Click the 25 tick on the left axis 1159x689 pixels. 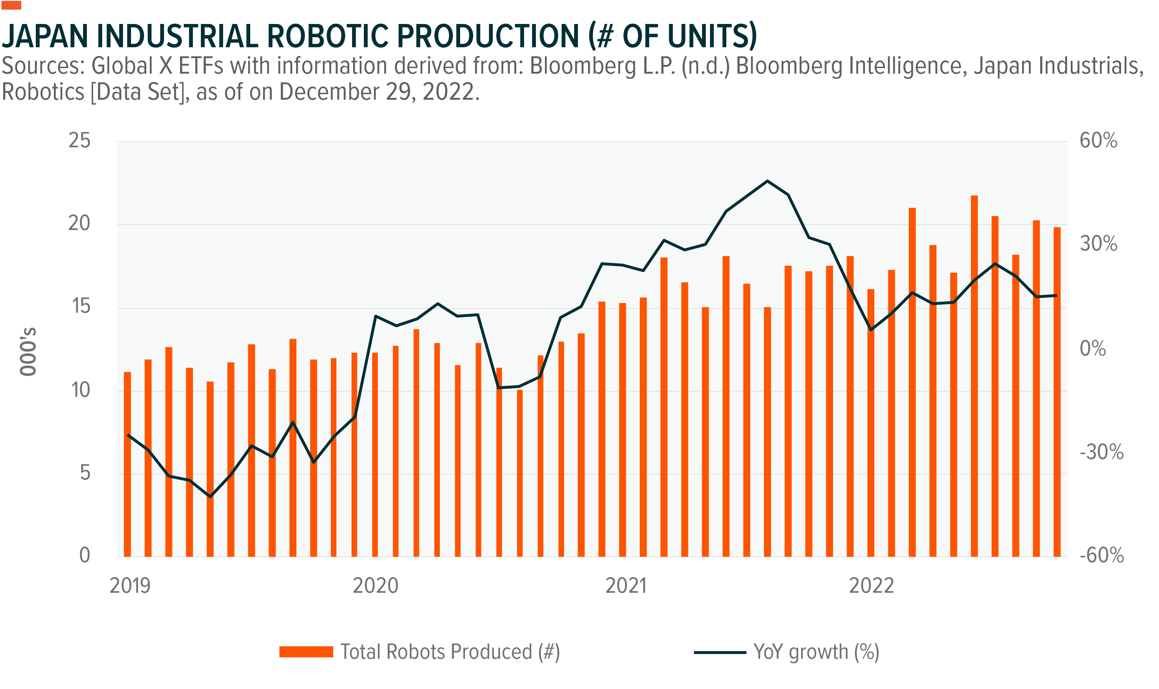coord(79,140)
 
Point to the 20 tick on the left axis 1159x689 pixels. coord(79,223)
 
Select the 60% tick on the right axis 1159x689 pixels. coord(1098,140)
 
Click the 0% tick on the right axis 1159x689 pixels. coord(1093,348)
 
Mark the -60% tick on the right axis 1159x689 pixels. coord(1101,555)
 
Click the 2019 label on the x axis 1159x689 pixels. coord(130,586)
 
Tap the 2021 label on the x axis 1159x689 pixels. coord(626,586)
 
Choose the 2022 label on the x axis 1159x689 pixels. coord(871,586)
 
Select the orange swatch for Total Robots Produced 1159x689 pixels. coord(306,652)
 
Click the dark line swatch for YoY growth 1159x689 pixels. coord(719,652)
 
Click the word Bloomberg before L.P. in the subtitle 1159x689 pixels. coord(583,66)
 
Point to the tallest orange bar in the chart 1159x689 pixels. coord(974,376)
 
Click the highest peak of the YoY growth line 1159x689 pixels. coord(767,181)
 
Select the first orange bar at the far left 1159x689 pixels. coord(127,464)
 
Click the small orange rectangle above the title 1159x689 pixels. coord(11,5)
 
